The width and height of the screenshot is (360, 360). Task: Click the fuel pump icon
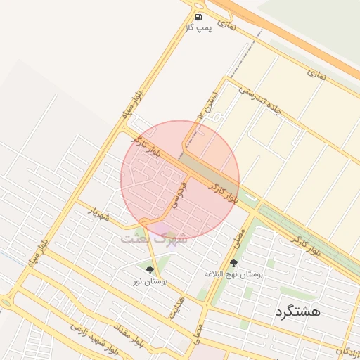point(198,17)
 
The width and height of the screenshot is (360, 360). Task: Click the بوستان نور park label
point(149,281)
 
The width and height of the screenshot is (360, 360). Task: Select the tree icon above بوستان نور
point(149,270)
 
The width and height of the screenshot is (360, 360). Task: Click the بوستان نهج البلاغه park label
point(233,274)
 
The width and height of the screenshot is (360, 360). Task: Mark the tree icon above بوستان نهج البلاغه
point(233,263)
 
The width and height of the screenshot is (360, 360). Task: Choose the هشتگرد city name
point(297,311)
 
